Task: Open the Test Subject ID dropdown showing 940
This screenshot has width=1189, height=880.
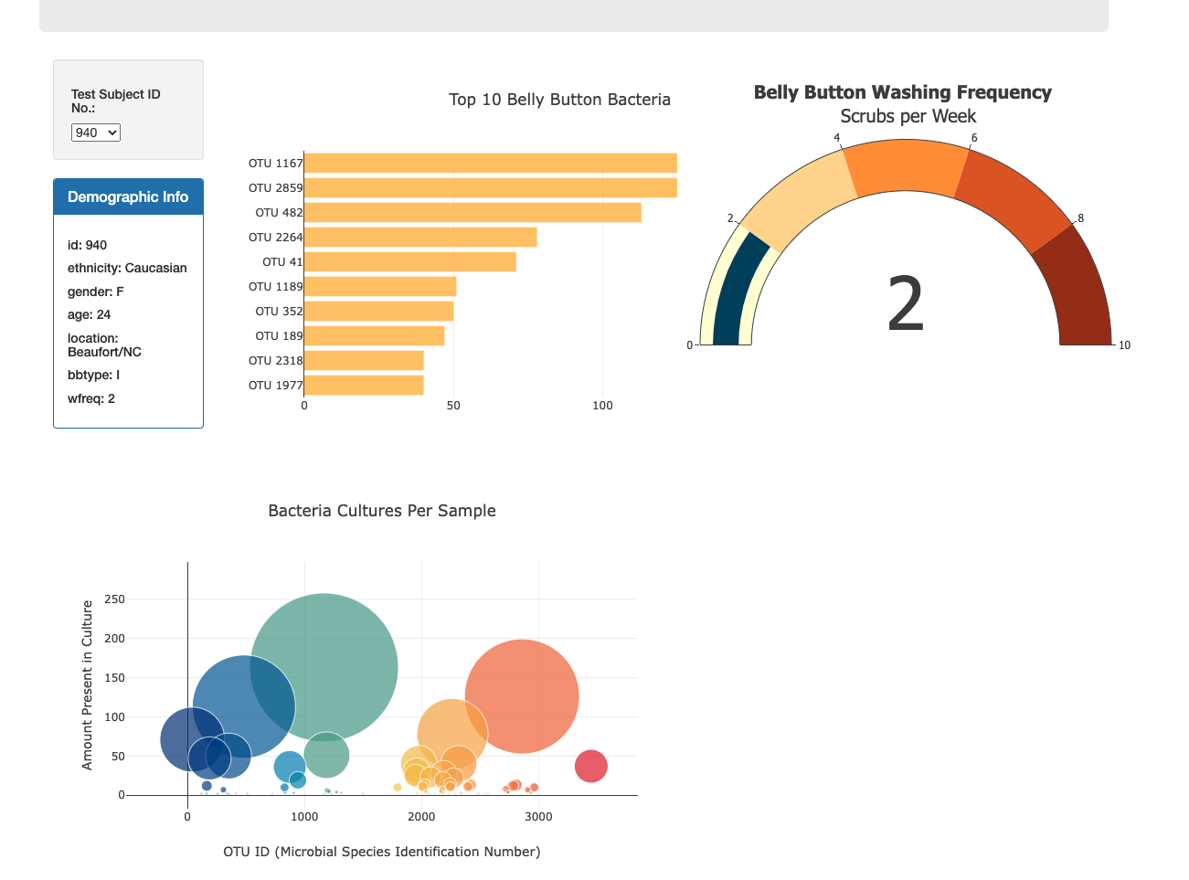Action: [96, 133]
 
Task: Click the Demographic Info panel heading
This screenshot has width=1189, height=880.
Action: [128, 197]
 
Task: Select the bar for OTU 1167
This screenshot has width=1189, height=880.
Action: [490, 164]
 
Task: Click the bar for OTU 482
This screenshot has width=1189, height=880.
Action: [472, 213]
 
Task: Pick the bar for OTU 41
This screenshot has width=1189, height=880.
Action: [409, 262]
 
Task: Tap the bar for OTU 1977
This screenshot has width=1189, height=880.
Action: [364, 386]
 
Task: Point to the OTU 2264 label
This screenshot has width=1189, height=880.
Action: [275, 238]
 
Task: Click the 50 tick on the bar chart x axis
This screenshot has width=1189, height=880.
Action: [453, 406]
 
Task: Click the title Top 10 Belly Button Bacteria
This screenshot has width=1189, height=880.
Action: [559, 100]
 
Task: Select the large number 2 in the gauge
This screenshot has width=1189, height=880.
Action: [906, 305]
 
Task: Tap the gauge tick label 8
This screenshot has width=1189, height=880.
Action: [1081, 218]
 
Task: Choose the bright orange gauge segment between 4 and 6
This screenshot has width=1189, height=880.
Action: [905, 166]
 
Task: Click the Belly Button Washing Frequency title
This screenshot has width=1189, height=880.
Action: [902, 92]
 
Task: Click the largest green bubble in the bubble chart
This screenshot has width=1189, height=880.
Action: [324, 667]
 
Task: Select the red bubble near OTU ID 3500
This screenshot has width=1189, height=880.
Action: [591, 766]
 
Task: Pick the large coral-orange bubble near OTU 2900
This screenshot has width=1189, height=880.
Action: [522, 696]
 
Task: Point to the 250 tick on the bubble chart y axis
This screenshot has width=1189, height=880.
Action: [115, 599]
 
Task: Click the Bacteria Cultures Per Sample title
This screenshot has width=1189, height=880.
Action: [382, 511]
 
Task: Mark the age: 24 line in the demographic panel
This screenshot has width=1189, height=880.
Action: [90, 314]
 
